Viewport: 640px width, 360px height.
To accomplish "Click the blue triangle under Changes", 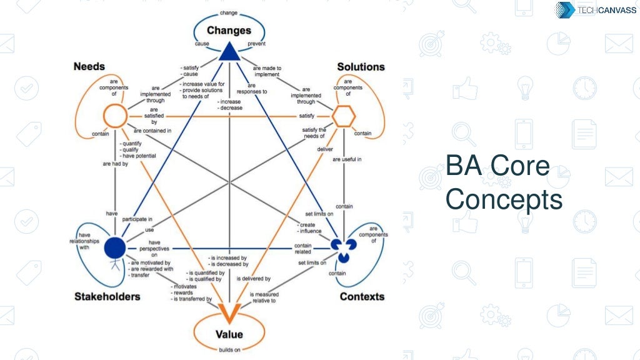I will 229,51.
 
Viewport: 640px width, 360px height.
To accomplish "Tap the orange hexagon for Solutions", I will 344,116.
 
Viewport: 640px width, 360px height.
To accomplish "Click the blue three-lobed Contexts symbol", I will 342,248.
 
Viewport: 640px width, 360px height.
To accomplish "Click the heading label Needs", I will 89,66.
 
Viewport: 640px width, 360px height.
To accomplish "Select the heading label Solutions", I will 361,67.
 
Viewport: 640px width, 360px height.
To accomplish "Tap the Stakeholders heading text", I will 107,296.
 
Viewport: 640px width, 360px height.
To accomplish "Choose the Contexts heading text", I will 362,296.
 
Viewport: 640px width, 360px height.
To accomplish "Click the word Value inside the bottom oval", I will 229,334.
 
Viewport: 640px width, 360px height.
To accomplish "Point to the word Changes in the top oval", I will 229,30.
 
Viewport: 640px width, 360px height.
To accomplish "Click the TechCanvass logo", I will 596,9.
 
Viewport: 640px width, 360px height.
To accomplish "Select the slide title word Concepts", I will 504,199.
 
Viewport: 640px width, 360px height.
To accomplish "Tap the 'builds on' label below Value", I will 229,349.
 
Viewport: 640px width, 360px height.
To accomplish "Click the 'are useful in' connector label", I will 347,159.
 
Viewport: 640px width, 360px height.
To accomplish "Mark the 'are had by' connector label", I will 116,163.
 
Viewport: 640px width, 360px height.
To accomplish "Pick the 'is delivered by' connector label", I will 253,279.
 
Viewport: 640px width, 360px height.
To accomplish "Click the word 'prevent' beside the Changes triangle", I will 257,44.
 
